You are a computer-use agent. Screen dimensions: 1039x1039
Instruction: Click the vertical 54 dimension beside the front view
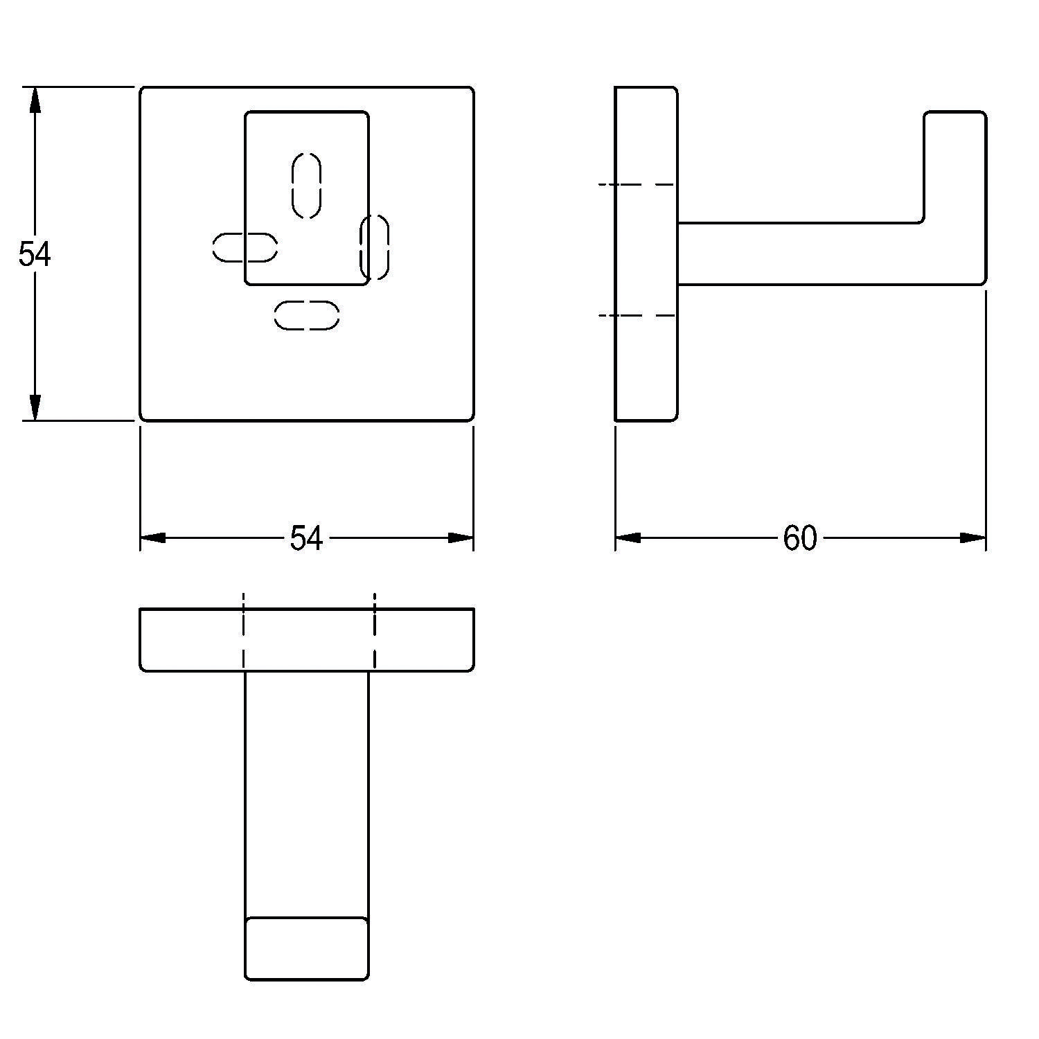pos(34,254)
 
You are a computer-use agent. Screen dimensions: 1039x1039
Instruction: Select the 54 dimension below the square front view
pos(306,538)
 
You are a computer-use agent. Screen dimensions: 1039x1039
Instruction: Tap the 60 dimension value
pos(800,538)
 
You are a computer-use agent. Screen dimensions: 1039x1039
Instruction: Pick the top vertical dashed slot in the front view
pos(307,185)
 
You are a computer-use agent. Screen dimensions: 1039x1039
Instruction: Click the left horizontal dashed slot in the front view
pos(245,248)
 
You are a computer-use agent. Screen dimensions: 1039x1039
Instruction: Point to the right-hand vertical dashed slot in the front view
pos(375,248)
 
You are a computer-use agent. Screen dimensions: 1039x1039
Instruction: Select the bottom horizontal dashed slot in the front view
pos(307,315)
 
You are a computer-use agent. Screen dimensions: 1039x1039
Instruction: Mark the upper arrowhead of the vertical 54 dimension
pos(35,100)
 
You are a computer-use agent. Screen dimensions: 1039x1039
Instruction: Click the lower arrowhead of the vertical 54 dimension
pos(35,407)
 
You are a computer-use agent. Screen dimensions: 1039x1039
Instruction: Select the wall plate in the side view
pos(646,254)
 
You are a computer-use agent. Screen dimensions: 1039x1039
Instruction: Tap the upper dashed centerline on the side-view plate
pos(637,184)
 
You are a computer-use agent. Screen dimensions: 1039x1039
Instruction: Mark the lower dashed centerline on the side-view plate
pos(637,316)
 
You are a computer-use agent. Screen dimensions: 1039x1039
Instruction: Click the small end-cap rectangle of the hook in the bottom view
pos(307,949)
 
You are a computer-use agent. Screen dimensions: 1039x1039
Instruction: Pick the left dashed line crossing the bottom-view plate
pos(244,632)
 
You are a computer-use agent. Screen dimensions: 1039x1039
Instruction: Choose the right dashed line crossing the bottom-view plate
pos(375,632)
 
